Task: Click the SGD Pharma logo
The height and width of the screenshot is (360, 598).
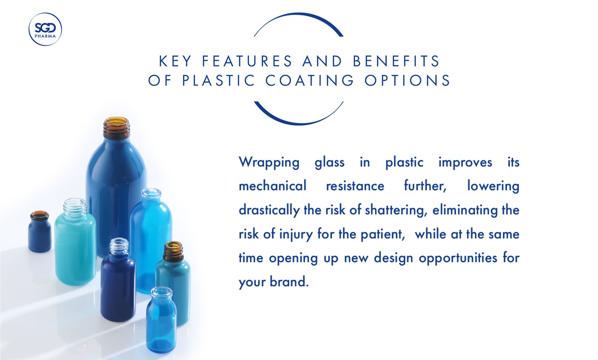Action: pyautogui.click(x=45, y=29)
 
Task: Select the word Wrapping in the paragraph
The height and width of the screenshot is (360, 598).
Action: pyautogui.click(x=269, y=163)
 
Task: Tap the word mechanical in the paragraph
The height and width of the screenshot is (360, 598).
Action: pyautogui.click(x=272, y=186)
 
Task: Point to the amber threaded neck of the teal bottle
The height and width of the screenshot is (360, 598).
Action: pyautogui.click(x=173, y=252)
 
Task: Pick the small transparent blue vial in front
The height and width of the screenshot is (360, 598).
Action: pyautogui.click(x=161, y=323)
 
